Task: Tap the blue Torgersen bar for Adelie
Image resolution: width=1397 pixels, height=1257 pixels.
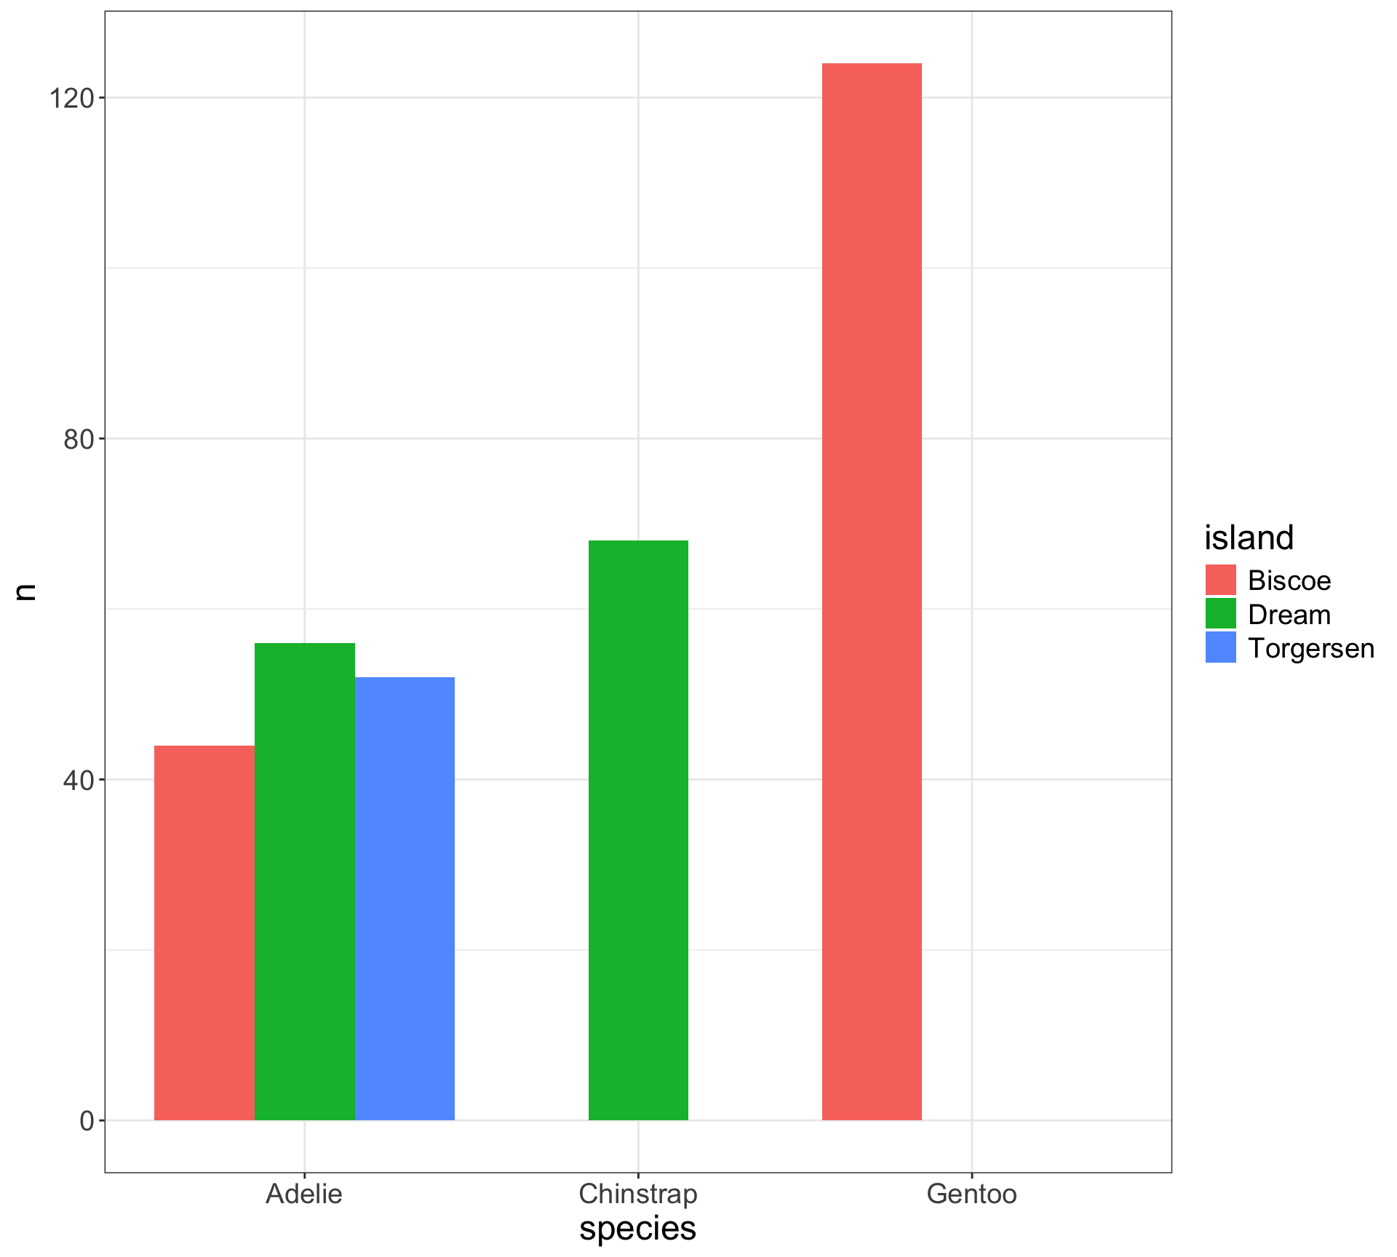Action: point(405,898)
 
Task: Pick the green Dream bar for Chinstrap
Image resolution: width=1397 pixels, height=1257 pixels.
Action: point(638,830)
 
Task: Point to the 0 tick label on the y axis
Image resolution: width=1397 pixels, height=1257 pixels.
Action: point(87,1120)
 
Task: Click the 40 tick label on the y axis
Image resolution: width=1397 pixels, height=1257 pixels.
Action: point(79,780)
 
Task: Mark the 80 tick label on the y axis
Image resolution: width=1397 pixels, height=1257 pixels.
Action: point(79,439)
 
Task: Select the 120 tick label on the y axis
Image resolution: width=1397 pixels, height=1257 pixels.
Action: point(72,98)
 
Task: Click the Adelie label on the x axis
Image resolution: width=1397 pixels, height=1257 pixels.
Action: point(304,1194)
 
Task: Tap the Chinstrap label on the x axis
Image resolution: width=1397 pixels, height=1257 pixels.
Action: point(638,1194)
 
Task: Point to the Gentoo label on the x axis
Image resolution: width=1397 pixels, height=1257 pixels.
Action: point(971,1194)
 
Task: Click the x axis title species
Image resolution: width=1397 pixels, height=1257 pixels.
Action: point(638,1228)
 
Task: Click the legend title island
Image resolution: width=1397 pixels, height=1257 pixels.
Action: point(1249,538)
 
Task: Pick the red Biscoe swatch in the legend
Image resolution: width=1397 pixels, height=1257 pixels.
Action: point(1221,580)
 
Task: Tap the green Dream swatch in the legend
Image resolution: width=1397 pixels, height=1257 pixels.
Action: point(1221,614)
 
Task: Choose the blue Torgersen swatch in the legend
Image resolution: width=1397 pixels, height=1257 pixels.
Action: point(1221,647)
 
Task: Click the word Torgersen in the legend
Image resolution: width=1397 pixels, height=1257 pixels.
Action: point(1311,648)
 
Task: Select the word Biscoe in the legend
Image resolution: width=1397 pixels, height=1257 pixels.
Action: point(1289,580)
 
